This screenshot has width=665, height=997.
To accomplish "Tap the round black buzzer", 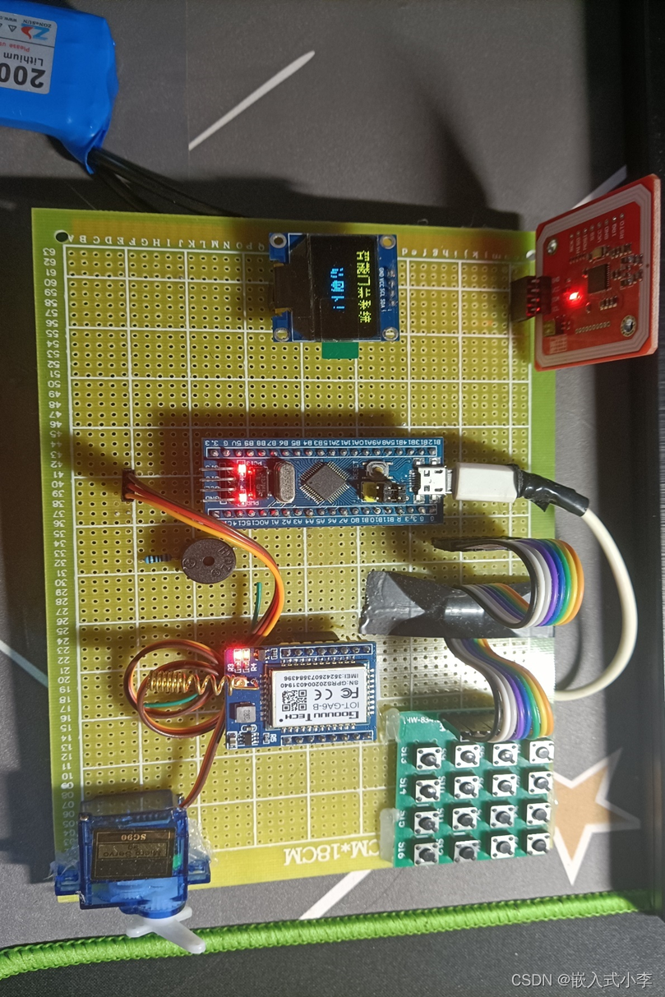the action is [x=208, y=562].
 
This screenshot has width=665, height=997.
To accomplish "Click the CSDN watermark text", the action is [x=581, y=980].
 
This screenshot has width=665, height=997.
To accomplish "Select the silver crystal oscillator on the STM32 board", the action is [x=280, y=482].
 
